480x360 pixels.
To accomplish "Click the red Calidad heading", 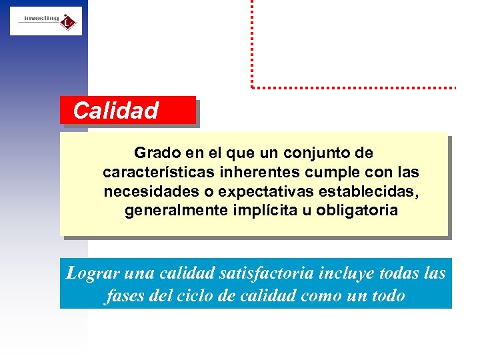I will [x=116, y=111].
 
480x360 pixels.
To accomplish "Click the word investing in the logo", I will [x=41, y=18].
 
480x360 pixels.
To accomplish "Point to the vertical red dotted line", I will [x=252, y=43].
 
